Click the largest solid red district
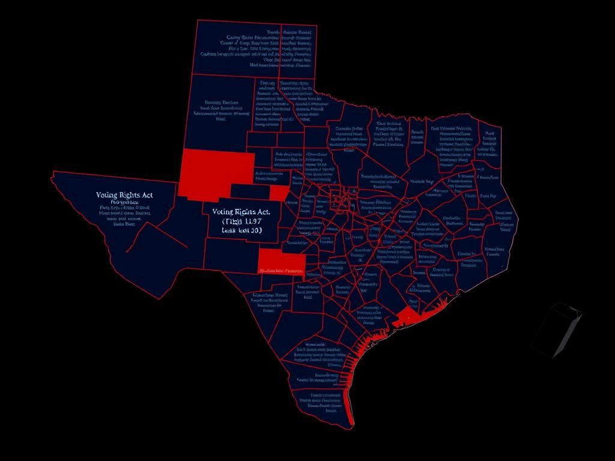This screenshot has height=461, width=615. (x=216, y=167)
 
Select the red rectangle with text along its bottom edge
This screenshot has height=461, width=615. (x=281, y=262)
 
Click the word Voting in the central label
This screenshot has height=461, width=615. (x=222, y=212)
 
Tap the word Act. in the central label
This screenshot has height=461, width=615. (x=263, y=212)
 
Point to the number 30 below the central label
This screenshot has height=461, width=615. (x=253, y=230)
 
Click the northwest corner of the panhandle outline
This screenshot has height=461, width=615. (x=197, y=21)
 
